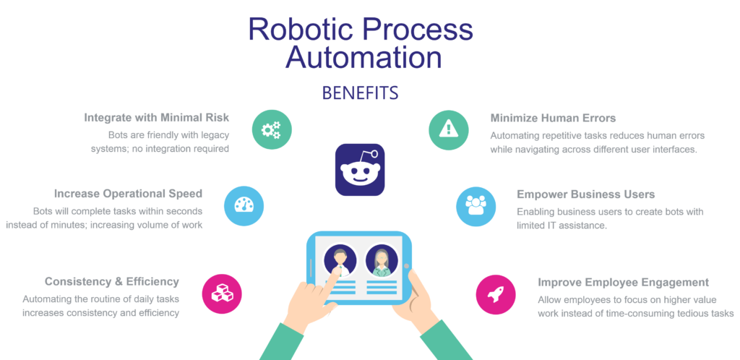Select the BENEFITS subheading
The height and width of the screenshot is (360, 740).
pos(360,93)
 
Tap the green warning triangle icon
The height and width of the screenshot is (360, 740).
pos(449,129)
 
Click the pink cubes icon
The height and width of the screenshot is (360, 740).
pos(221,293)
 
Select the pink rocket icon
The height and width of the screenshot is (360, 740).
pos(496,293)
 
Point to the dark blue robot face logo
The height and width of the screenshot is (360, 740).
pos(360,169)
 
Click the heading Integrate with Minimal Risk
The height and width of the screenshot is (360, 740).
pos(157,118)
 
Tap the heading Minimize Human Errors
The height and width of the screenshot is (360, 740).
pos(553,118)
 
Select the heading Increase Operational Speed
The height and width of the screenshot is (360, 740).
pos(128,194)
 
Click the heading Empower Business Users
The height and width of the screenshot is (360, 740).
pos(585,194)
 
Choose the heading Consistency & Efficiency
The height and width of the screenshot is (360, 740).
pos(112,281)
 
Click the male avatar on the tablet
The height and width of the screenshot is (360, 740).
pos(338,258)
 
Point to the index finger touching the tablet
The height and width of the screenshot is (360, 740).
pos(333,275)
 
